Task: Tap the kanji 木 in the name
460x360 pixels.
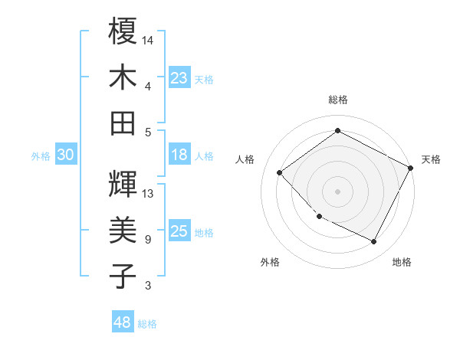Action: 123,77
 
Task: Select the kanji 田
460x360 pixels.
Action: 123,123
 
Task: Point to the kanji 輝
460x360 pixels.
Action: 123,183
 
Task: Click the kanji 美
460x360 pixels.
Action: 123,230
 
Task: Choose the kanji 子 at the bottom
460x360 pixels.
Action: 123,277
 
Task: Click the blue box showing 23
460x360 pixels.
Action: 179,77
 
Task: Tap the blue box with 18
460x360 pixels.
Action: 179,155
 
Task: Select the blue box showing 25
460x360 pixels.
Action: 179,231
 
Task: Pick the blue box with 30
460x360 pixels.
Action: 65,155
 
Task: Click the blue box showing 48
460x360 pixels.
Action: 122,322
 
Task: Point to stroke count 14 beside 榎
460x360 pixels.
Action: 148,38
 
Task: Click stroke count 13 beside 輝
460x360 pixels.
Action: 148,193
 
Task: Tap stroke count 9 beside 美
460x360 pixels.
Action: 148,240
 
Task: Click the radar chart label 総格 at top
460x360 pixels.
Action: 337,100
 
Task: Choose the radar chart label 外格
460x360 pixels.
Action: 270,262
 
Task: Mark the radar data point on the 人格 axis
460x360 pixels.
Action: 280,172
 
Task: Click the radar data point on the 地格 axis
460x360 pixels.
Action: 374,242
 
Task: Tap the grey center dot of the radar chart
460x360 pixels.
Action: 337,191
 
